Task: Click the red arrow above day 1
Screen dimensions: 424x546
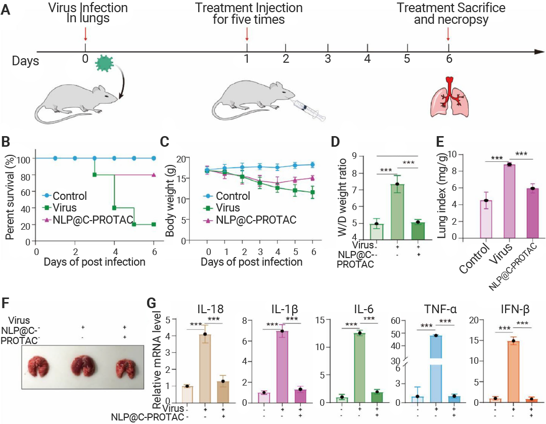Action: click(247, 34)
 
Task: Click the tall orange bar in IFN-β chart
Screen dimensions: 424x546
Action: click(513, 372)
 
